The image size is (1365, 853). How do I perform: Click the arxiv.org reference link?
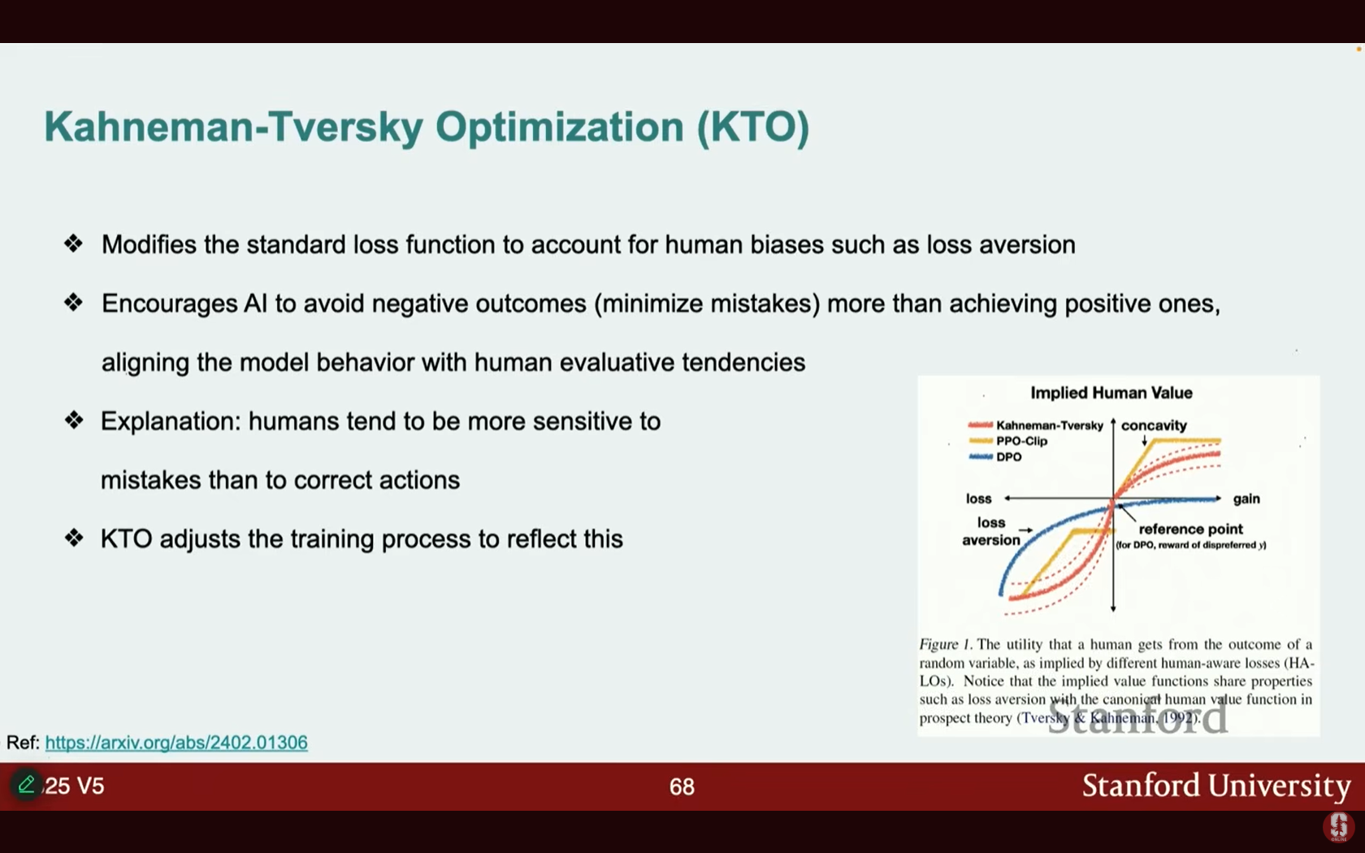click(x=176, y=743)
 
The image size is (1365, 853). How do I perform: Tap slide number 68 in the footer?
click(x=682, y=786)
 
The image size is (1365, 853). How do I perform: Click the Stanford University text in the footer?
click(x=1216, y=786)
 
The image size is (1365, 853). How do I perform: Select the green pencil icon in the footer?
click(x=27, y=784)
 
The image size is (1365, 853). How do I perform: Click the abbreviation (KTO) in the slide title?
click(x=753, y=127)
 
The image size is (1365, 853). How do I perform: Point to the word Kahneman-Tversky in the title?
click(x=233, y=127)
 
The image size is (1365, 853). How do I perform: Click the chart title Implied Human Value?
click(x=1111, y=393)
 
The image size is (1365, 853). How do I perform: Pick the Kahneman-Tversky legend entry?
click(x=1035, y=426)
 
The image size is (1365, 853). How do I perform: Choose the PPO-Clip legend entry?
click(x=1007, y=440)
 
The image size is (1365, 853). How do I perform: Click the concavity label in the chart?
click(x=1154, y=426)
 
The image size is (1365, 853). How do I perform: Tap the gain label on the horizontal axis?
click(x=1246, y=499)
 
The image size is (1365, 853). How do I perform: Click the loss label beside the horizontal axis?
click(x=978, y=499)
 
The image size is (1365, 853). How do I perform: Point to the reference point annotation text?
click(x=1191, y=530)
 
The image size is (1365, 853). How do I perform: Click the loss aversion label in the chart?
click(x=991, y=531)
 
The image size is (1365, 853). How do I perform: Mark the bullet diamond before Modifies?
click(x=74, y=244)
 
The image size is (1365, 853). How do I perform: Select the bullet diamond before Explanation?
click(x=74, y=421)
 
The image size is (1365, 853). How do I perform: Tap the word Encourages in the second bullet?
click(x=169, y=304)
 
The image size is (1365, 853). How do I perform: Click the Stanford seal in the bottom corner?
click(x=1339, y=827)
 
